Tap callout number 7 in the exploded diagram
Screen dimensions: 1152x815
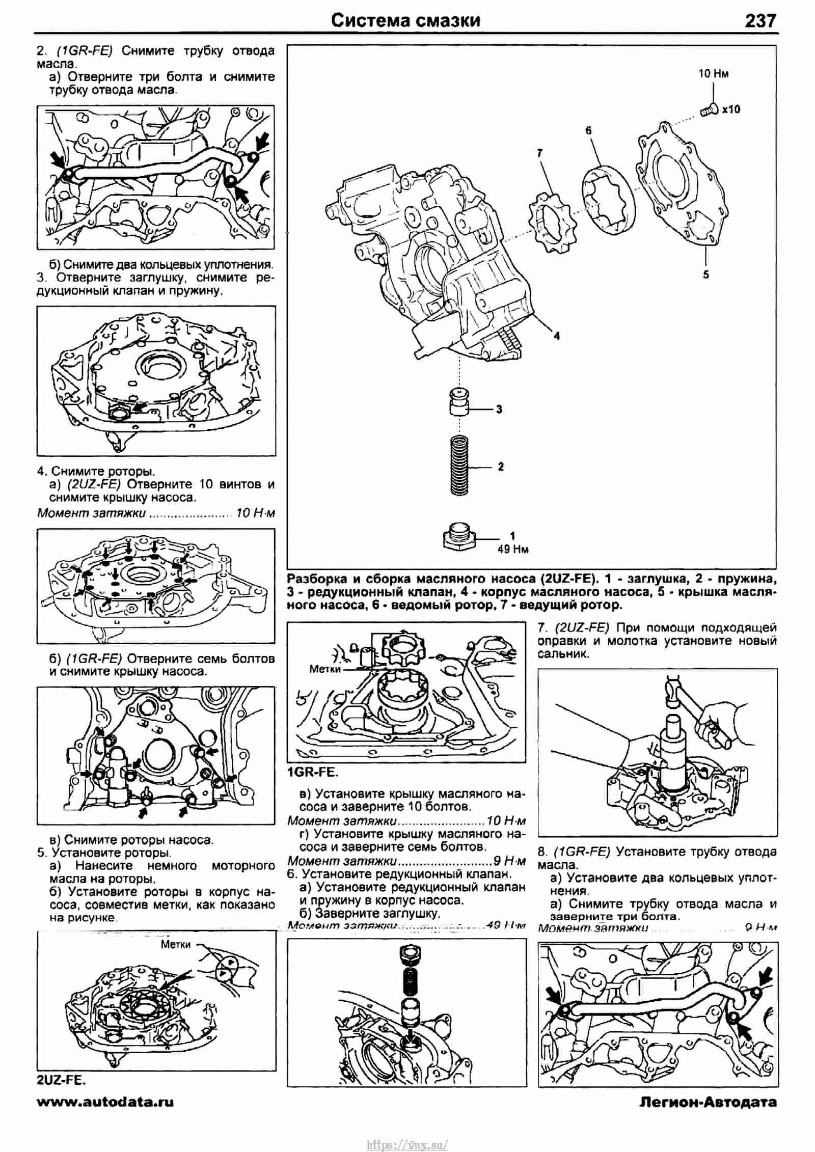point(540,152)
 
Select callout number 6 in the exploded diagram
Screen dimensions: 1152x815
point(588,130)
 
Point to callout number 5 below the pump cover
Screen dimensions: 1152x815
point(706,275)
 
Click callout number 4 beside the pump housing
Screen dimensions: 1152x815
point(557,336)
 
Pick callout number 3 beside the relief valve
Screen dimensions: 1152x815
point(499,409)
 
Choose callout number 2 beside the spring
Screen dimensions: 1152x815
point(501,466)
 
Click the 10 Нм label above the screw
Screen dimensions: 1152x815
point(713,74)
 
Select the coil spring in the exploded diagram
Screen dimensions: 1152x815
point(460,465)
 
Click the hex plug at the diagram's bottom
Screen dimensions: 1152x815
point(459,537)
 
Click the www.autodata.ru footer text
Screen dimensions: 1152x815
point(105,1102)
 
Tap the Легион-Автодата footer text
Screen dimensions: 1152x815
point(708,1102)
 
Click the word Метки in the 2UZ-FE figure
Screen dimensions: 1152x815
point(176,945)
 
